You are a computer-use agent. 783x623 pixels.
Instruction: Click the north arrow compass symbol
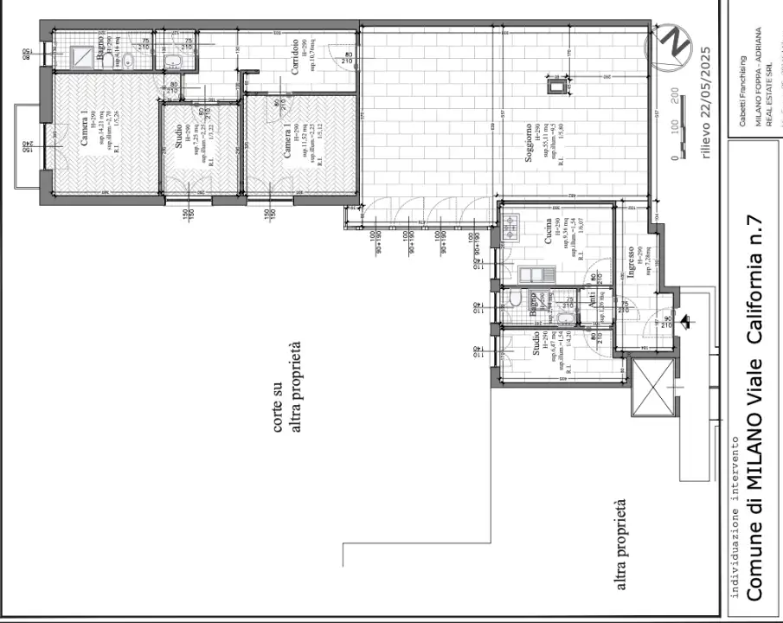point(671,46)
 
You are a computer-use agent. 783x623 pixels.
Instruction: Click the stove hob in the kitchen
point(510,228)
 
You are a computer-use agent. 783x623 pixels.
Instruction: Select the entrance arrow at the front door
point(686,322)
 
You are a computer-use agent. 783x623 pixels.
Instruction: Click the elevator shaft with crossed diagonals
point(652,390)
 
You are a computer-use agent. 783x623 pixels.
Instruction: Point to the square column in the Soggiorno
point(554,84)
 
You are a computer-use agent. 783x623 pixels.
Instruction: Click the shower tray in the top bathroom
point(84,57)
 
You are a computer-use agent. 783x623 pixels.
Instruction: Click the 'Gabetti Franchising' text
point(742,88)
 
